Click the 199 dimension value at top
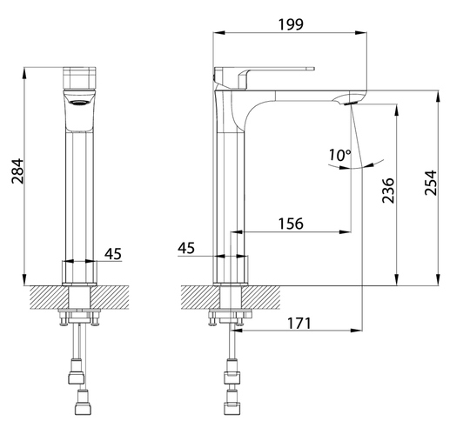coord(291,24)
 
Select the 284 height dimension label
coord(17,171)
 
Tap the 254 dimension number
coord(430,183)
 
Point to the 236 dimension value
coord(388,191)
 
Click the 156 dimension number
coord(291,224)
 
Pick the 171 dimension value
coord(299,324)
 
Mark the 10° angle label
coord(340,155)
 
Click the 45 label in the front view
coord(113,254)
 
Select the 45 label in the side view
coord(186,248)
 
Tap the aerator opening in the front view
coord(79,103)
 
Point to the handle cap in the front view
coord(79,77)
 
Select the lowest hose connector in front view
coord(84,408)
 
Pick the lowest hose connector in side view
coord(231,408)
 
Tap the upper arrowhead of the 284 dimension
coord(24,73)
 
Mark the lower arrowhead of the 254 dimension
coord(439,280)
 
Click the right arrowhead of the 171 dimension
coord(357,331)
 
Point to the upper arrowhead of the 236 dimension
coord(397,110)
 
